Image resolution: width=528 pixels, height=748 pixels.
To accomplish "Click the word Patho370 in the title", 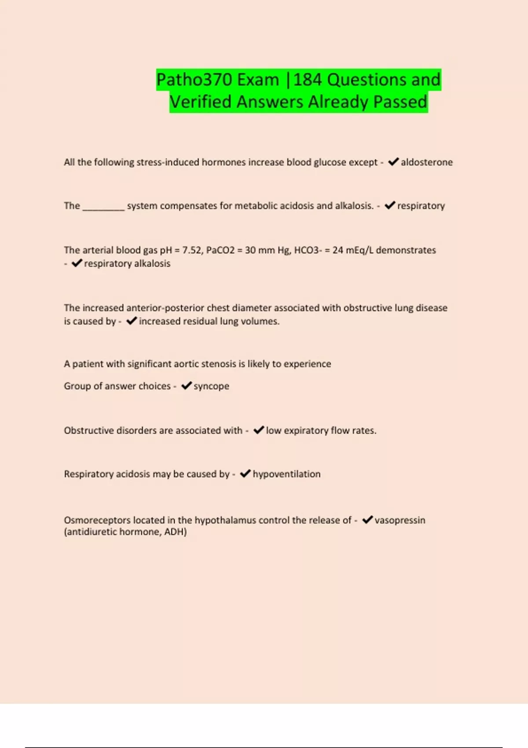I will pyautogui.click(x=194, y=80).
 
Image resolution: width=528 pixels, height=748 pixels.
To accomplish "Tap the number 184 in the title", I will pyautogui.click(x=308, y=80).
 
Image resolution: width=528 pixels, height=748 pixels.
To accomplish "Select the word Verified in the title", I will pyautogui.click(x=200, y=102).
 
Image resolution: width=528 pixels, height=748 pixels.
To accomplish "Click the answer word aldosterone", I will pyautogui.click(x=426, y=162).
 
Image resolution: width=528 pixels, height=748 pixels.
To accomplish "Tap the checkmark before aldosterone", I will pyautogui.click(x=393, y=162).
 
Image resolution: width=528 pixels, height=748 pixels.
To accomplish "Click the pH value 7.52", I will pyautogui.click(x=191, y=250).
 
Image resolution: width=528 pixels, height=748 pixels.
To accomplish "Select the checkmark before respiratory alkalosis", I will pyautogui.click(x=77, y=263).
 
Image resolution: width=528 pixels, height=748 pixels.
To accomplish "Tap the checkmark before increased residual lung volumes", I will pyautogui.click(x=132, y=321).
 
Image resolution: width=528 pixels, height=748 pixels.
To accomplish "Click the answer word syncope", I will pyautogui.click(x=211, y=386).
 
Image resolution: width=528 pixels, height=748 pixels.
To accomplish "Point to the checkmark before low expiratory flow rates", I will pyautogui.click(x=259, y=430).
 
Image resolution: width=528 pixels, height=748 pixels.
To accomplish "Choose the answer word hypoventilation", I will pyautogui.click(x=286, y=474).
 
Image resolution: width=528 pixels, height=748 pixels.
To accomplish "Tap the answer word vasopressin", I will pyautogui.click(x=400, y=520).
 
